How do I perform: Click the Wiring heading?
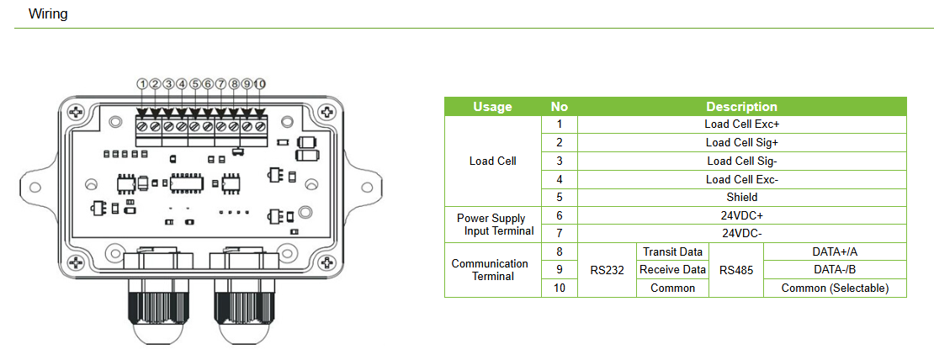(x=48, y=14)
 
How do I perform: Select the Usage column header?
(x=492, y=107)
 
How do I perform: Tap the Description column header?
(x=741, y=107)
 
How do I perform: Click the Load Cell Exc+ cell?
(x=741, y=124)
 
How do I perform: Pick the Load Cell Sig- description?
(x=741, y=161)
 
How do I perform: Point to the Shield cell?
(x=741, y=197)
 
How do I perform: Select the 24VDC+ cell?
(x=741, y=215)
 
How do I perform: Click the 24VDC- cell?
(x=741, y=233)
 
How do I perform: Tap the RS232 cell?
(x=606, y=270)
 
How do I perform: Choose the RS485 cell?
(x=735, y=270)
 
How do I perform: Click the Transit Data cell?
(x=672, y=252)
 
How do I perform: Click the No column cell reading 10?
(x=560, y=289)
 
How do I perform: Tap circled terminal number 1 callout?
(x=143, y=84)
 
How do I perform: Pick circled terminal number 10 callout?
(x=260, y=84)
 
